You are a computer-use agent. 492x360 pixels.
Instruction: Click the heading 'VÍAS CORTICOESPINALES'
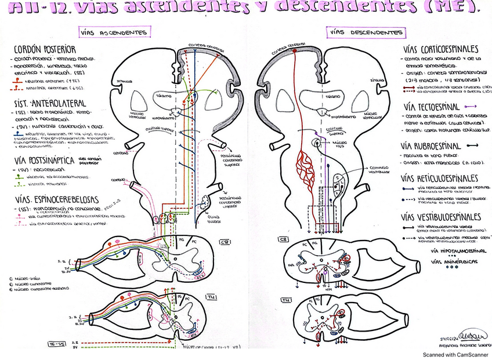coord(440,49)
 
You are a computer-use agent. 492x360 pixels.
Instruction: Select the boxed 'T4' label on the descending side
coord(286,300)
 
